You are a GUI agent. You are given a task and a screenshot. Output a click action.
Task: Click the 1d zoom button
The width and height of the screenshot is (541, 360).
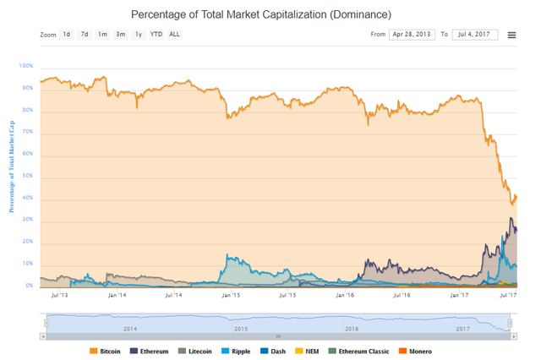[x=66, y=35]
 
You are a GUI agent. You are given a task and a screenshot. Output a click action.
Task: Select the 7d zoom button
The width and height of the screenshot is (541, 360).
[x=84, y=35]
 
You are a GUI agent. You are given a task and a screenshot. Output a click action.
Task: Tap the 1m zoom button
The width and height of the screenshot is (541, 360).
[x=102, y=35]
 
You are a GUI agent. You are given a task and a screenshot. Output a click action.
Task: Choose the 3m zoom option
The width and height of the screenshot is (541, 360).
[x=120, y=35]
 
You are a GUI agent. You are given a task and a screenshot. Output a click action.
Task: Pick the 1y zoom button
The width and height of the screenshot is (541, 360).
[x=138, y=35]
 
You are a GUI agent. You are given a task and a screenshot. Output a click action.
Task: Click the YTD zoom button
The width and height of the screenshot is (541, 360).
[x=156, y=35]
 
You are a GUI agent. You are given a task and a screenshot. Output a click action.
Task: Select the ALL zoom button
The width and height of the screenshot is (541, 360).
[x=174, y=35]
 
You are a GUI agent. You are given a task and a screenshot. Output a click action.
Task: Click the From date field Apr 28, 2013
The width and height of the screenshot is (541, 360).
[x=411, y=35]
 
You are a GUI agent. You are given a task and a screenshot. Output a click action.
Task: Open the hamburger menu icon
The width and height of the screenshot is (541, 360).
[x=512, y=35]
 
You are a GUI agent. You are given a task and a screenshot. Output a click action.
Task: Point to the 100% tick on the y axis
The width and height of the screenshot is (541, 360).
[x=26, y=66]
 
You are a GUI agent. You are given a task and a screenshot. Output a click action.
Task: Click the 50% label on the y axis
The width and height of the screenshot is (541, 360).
[x=28, y=176]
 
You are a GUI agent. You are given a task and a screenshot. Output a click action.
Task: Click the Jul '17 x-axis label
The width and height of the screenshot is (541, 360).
[x=510, y=296]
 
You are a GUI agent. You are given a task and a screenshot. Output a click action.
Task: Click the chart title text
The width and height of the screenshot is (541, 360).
[x=260, y=15]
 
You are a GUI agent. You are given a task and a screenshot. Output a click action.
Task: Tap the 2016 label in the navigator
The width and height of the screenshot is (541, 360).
[x=352, y=328]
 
